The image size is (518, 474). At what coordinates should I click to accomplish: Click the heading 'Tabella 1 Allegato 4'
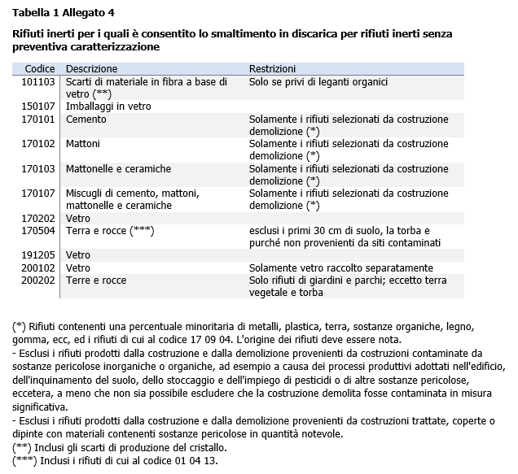(64, 12)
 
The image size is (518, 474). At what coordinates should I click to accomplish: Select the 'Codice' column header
(39, 69)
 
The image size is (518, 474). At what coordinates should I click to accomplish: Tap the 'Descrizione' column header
(91, 69)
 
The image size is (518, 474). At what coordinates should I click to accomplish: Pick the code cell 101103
(38, 82)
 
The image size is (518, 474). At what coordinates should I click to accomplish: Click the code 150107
(38, 107)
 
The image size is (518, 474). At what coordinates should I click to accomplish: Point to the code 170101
(38, 120)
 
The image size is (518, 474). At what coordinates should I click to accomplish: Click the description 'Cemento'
(86, 120)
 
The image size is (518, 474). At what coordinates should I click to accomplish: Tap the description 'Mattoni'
(83, 144)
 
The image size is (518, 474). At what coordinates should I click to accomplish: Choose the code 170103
(38, 168)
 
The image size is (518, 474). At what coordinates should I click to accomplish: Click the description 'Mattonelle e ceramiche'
(118, 168)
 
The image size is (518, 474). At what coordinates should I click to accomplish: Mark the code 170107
(38, 194)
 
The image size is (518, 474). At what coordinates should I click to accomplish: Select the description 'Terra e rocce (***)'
(110, 231)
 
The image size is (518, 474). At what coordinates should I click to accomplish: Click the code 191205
(38, 255)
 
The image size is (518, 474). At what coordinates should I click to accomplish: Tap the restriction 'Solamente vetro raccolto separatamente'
(340, 267)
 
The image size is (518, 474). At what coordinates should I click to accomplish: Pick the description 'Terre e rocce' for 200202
(96, 280)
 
